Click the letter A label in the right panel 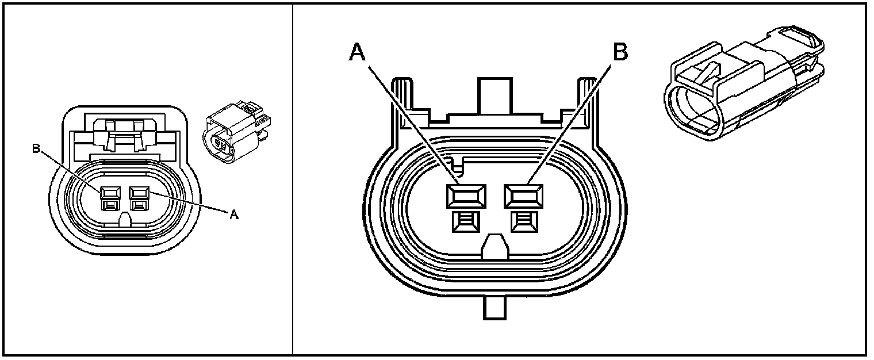point(357,52)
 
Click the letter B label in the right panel point(619,52)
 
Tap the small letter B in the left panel point(36,150)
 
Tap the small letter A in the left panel point(233,215)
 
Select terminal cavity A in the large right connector point(465,196)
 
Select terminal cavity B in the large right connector point(523,196)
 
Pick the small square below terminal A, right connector point(465,221)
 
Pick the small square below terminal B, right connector point(523,221)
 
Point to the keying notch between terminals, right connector point(494,247)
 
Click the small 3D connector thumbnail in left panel point(236,135)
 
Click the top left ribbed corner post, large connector point(401,98)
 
